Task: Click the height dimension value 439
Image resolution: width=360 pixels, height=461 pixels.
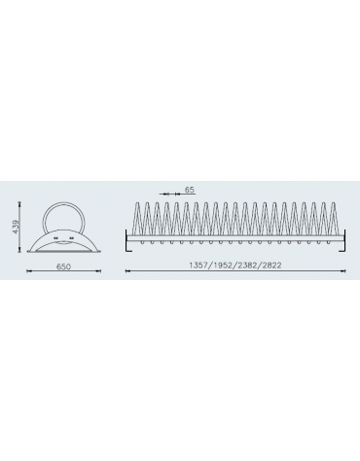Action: pos(17,226)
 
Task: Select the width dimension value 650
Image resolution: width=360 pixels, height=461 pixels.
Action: pos(63,266)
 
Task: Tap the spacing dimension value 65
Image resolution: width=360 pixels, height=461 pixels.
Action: pos(190,190)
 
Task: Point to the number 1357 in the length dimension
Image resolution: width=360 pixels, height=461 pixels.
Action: pos(198,265)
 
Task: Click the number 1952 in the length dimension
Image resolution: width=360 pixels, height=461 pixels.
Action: pos(223,265)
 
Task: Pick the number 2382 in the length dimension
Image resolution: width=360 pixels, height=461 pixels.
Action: pos(247,265)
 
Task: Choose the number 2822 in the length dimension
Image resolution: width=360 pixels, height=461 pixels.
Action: pos(271,265)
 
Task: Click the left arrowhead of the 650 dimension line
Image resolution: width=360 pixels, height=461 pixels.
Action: pos(28,271)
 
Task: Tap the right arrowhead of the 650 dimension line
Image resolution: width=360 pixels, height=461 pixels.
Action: pos(99,271)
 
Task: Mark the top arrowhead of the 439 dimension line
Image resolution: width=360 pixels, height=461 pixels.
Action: pos(19,203)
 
